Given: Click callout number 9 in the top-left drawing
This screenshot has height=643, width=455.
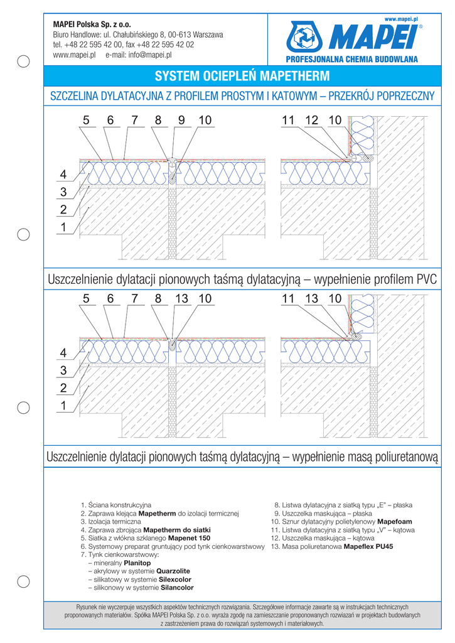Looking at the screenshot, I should [x=181, y=121].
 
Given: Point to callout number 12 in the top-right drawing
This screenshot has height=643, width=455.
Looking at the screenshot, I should [x=311, y=121].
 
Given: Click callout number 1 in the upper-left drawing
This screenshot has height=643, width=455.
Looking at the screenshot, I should [x=63, y=229].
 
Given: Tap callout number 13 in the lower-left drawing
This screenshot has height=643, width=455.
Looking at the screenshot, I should [x=181, y=300].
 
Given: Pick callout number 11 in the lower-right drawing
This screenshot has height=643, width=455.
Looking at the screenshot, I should [x=288, y=300].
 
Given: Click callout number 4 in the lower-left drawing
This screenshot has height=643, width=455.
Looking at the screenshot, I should [x=63, y=353].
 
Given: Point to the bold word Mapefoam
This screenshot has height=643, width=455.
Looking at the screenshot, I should [x=394, y=522].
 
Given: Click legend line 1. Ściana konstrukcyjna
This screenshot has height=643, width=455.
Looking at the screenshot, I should [x=115, y=505].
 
